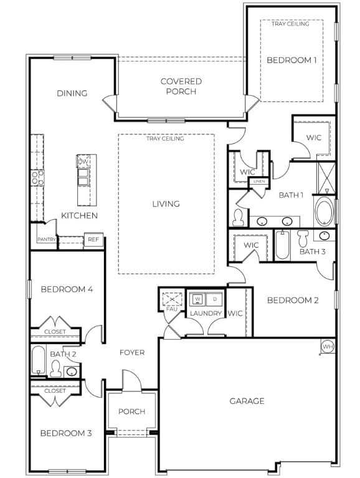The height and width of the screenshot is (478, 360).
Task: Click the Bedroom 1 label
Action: pos(291,60)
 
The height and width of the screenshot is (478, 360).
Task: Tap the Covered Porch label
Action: pos(181,87)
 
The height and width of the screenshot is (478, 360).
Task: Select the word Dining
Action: pos(72,93)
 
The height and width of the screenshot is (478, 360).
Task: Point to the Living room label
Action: pos(166,204)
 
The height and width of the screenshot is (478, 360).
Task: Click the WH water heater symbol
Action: pos(328,346)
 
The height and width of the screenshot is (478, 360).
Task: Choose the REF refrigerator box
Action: pos(93,239)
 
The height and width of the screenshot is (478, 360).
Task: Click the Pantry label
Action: pos(47,239)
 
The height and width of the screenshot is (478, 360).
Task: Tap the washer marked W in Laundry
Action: pos(198,298)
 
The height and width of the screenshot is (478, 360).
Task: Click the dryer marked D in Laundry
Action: pos(214,298)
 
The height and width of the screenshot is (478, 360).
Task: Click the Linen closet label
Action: pos(258,181)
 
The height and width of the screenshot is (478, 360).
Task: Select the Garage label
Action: pos(247,401)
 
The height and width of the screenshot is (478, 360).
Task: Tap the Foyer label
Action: pos(132,353)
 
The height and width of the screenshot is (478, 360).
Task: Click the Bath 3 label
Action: pos(313,251)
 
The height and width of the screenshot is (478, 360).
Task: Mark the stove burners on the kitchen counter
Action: pos(38,179)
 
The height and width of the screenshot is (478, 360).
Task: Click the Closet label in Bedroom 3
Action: pos(55,391)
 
